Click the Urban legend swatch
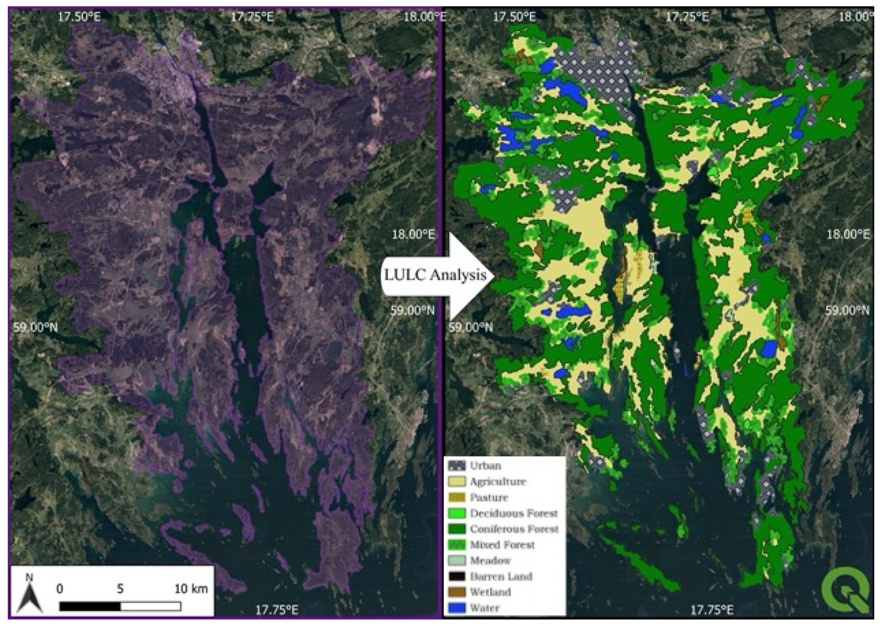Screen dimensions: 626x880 pyautogui.click(x=457, y=466)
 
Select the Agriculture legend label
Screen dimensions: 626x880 pyautogui.click(x=498, y=481)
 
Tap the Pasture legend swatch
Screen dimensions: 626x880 pyautogui.click(x=457, y=497)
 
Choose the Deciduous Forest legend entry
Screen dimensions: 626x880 pyautogui.click(x=514, y=513)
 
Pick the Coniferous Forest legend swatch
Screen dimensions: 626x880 pyautogui.click(x=457, y=529)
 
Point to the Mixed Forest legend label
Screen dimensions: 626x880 pyautogui.click(x=502, y=545)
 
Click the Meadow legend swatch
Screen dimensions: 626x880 pyautogui.click(x=457, y=560)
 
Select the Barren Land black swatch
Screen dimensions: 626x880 pyautogui.click(x=457, y=576)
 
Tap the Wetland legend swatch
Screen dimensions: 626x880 pyautogui.click(x=457, y=592)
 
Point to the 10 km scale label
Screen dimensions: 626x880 pyautogui.click(x=191, y=589)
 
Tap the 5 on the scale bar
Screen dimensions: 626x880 pyautogui.click(x=120, y=589)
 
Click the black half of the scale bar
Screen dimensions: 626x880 pyautogui.click(x=90, y=607)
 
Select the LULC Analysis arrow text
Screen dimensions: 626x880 pyautogui.click(x=435, y=275)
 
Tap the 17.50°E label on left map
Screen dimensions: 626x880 pyautogui.click(x=79, y=17)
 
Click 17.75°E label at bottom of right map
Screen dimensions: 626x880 pyautogui.click(x=712, y=610)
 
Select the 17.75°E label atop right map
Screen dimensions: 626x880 pyautogui.click(x=687, y=17)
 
